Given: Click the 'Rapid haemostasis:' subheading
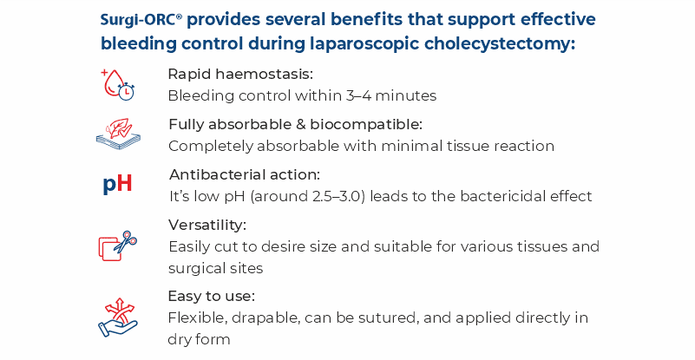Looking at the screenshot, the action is (x=240, y=74).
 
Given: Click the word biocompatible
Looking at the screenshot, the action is (x=366, y=125).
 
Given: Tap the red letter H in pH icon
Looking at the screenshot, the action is (x=125, y=183).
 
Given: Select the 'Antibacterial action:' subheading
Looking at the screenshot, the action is (x=244, y=174).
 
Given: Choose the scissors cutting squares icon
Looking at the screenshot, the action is (x=117, y=245).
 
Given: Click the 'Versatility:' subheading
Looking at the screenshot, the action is (x=207, y=226).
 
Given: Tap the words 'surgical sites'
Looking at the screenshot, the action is (x=215, y=269).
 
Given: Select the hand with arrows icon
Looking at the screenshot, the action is (x=118, y=317).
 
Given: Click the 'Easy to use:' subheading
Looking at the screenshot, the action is (x=212, y=296).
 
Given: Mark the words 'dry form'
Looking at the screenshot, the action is (x=199, y=339).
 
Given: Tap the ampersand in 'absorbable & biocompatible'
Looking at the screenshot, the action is (x=301, y=125).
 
